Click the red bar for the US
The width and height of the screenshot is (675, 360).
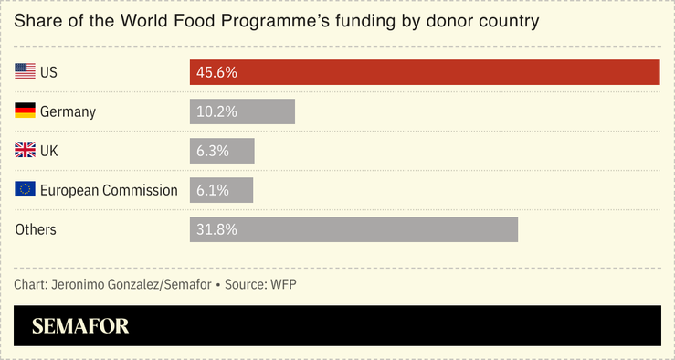click(x=425, y=72)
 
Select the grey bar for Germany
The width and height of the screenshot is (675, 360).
click(x=242, y=111)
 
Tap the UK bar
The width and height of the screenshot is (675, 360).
click(x=222, y=151)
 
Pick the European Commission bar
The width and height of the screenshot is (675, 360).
click(x=221, y=190)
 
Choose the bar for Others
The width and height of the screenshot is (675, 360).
click(x=353, y=229)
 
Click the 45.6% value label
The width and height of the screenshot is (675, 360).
click(x=216, y=72)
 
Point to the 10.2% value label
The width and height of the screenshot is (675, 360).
click(x=216, y=111)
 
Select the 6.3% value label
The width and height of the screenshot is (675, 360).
click(x=213, y=151)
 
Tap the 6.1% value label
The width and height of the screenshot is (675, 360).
click(x=213, y=190)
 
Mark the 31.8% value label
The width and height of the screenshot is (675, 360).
click(x=216, y=229)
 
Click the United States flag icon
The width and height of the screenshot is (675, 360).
click(x=25, y=71)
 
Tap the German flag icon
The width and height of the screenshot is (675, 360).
click(x=25, y=111)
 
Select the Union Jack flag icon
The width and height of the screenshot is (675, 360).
click(x=25, y=151)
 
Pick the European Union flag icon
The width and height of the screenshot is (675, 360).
click(x=25, y=190)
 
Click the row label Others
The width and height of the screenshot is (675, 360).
click(x=36, y=229)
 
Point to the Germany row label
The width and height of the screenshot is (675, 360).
click(x=68, y=111)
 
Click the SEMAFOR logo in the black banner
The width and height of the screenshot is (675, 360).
click(x=80, y=326)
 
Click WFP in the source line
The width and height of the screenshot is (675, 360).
click(x=283, y=284)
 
